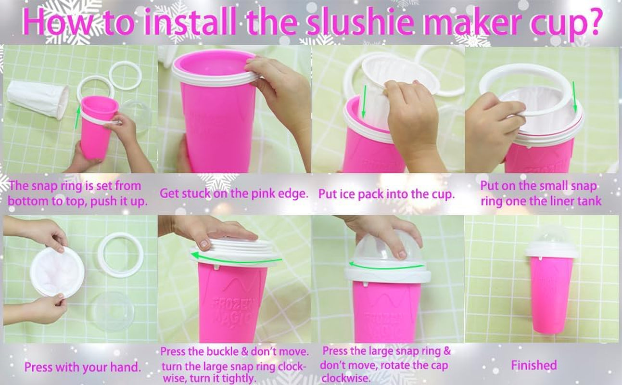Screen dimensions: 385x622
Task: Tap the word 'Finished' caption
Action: click(534, 365)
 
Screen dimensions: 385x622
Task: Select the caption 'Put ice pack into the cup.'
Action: click(386, 194)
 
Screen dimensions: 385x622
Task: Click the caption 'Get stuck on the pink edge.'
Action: click(234, 194)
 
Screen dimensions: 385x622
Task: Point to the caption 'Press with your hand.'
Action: click(83, 368)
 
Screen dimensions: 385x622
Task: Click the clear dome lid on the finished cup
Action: click(551, 235)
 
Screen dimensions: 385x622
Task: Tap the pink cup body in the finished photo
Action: click(551, 294)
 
